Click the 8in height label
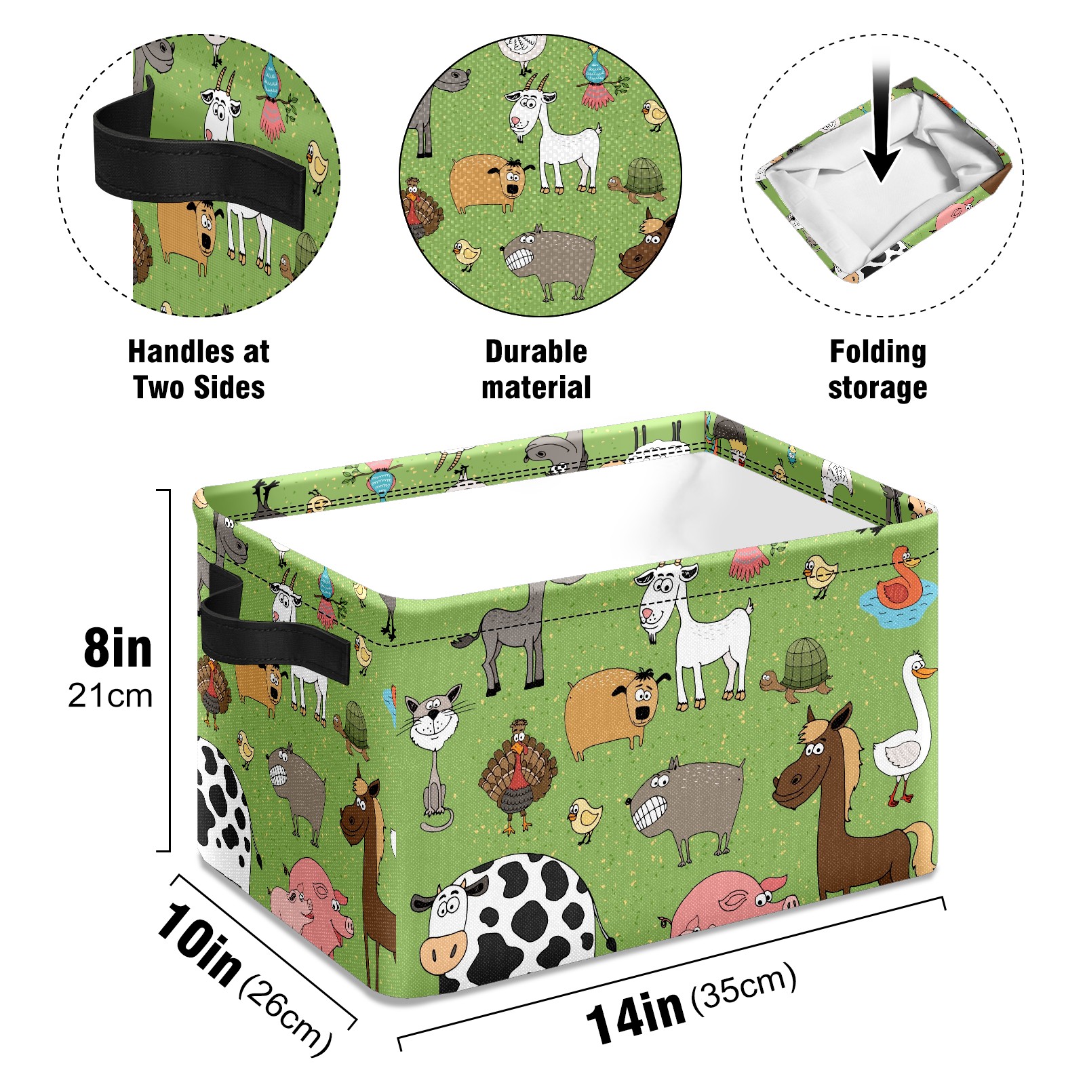coord(118,648)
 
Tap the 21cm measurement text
coord(111,696)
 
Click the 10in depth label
coord(199,942)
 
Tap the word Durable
coord(536,351)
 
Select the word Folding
coord(878,352)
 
